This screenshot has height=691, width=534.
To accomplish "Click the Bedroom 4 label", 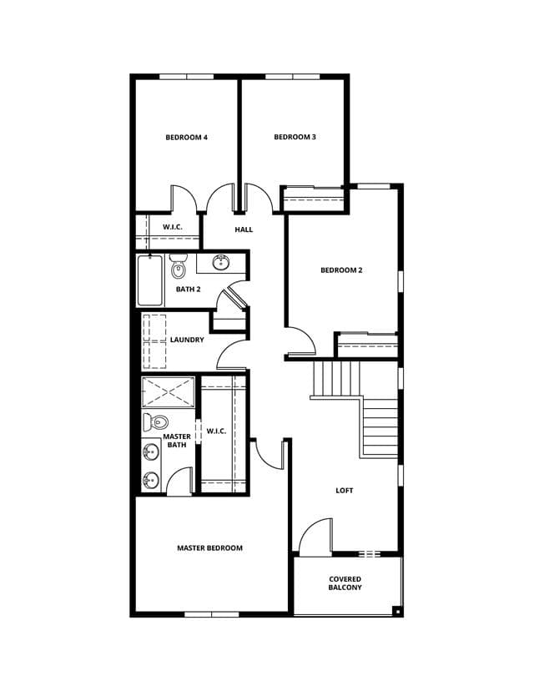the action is point(186,138).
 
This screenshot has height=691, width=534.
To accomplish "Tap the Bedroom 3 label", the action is point(295,137).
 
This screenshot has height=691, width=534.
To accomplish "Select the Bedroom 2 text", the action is point(341,270).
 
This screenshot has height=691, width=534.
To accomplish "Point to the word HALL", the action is point(244,229).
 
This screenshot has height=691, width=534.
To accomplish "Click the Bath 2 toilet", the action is point(179,266).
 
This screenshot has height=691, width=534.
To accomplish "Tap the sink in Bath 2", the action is point(220,263).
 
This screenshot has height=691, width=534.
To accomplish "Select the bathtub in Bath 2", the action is point(150,280).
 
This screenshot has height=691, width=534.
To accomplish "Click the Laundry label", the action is point(187,340).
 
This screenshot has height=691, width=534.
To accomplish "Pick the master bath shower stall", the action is point(168,391).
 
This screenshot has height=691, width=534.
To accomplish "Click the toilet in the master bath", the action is point(155,422).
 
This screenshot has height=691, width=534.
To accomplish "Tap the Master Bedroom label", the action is point(209,548).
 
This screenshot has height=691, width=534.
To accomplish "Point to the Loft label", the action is point(344,491).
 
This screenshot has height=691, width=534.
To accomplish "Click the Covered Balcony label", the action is point(345,583).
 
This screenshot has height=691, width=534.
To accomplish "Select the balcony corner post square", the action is point(397,611).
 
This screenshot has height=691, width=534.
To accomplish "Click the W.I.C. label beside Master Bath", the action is point(216,431).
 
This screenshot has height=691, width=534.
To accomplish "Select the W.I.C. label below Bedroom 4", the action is point(172,227).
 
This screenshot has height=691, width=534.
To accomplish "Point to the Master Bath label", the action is point(177,441).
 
